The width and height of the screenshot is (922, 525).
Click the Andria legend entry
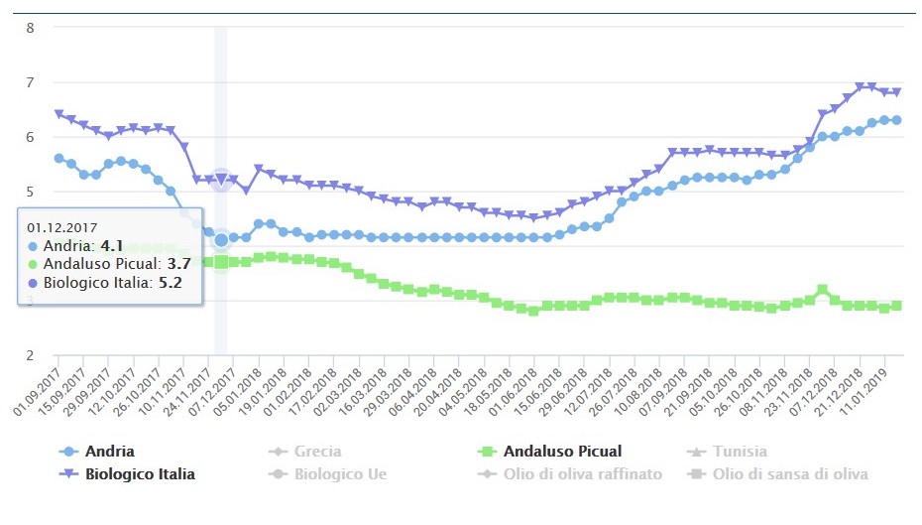(109, 452)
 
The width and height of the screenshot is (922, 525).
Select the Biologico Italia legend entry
(140, 474)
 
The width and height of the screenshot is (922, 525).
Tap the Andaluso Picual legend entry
(563, 452)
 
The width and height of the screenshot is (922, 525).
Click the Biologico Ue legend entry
(338, 474)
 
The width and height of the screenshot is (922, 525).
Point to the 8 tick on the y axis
(30, 28)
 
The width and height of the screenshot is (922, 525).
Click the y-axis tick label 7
(30, 82)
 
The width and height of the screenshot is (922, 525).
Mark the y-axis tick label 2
(30, 355)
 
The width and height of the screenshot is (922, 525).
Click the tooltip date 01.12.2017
(62, 226)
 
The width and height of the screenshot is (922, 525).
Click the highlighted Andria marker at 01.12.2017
(221, 239)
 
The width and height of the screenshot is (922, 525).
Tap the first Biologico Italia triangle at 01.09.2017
(58, 114)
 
